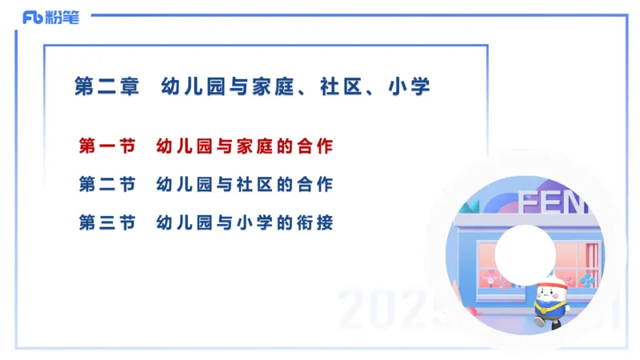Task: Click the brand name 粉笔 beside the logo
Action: pos(64,18)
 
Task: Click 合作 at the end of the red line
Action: pos(318,146)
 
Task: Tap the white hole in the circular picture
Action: pos(525,251)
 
